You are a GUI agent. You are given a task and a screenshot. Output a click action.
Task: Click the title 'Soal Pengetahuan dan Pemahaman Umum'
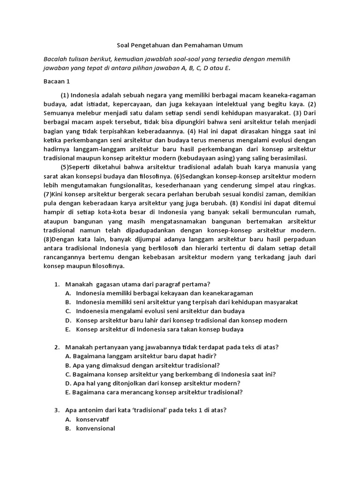[x=180, y=45]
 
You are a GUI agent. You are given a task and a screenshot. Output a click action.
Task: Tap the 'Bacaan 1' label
[x=56, y=82]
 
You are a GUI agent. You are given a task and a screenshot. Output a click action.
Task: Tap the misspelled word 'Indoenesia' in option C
[x=92, y=311]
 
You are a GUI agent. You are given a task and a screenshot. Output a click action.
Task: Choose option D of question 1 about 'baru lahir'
[x=181, y=320]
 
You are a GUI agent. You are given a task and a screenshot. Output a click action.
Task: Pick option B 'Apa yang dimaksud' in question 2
[x=142, y=365]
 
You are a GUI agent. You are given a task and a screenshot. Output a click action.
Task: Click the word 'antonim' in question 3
[x=92, y=410]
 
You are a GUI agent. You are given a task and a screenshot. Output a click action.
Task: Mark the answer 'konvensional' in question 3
[x=96, y=428]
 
